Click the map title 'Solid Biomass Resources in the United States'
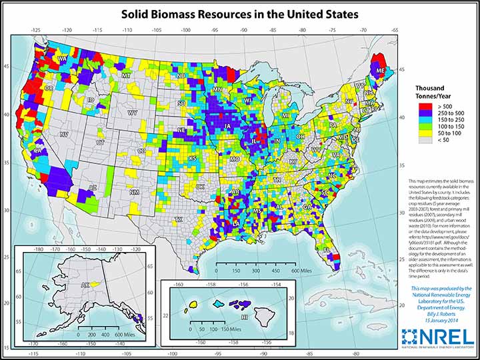240,13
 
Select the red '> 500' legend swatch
422,105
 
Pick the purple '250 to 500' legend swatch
422,115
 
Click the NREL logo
438,337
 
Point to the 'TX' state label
178,219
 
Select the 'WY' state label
133,113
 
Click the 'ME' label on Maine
380,69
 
